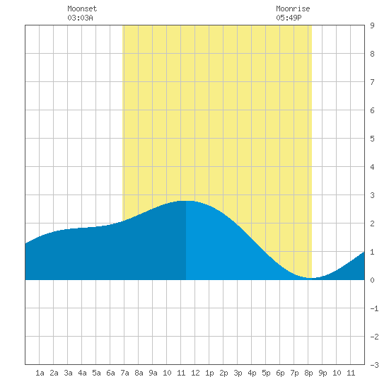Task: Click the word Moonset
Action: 82,8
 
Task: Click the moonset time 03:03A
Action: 80,18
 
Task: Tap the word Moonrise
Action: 293,8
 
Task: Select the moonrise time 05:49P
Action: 289,18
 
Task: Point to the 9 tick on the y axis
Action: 372,25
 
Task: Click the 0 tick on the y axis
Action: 372,280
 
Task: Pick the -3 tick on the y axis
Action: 374,365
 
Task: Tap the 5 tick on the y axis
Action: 372,139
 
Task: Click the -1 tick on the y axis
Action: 374,308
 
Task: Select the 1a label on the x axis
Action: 40,373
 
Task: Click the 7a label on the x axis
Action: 124,373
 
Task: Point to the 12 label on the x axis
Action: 195,373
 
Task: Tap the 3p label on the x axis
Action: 238,373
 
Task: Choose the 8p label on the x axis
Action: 308,373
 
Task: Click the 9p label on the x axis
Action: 323,373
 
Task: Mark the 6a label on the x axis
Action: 110,373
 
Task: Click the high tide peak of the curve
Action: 186,201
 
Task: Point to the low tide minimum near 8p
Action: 312,278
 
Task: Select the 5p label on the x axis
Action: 266,373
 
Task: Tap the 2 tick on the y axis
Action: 372,223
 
